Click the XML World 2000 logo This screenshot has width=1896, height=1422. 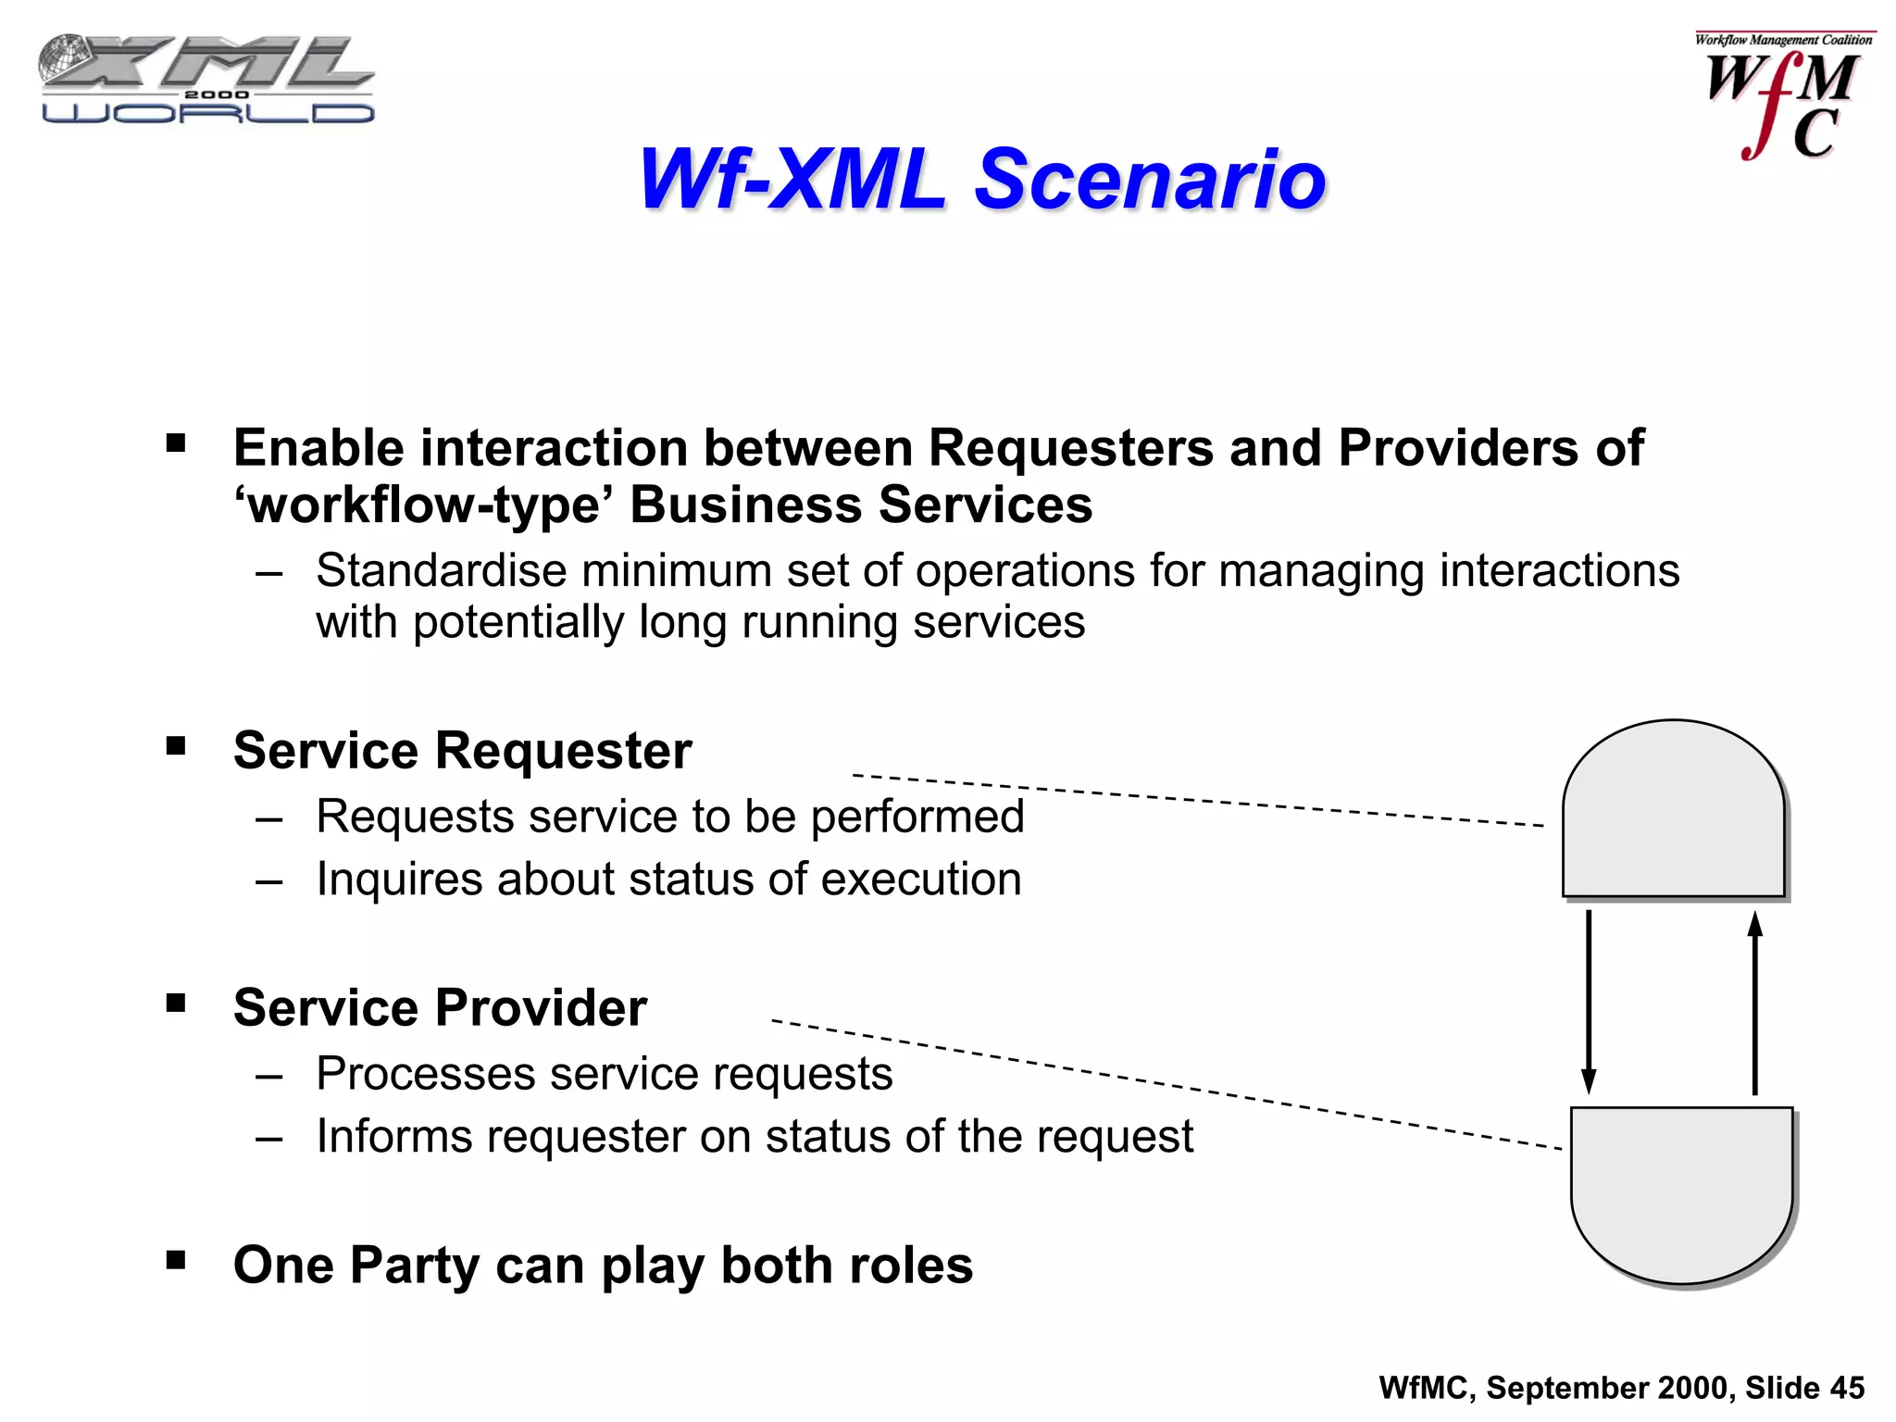[206, 80]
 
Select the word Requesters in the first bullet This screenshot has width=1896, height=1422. [1071, 448]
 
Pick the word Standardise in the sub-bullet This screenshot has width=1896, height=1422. [441, 570]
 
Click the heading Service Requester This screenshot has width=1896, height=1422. [462, 750]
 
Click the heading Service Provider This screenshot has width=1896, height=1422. [440, 1007]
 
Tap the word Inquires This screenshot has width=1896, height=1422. [399, 879]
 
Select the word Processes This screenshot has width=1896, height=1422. [426, 1074]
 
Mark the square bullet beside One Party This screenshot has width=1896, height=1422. [176, 1259]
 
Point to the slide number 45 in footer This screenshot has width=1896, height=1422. [1847, 1388]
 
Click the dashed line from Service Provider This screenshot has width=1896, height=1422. [1166, 1084]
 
